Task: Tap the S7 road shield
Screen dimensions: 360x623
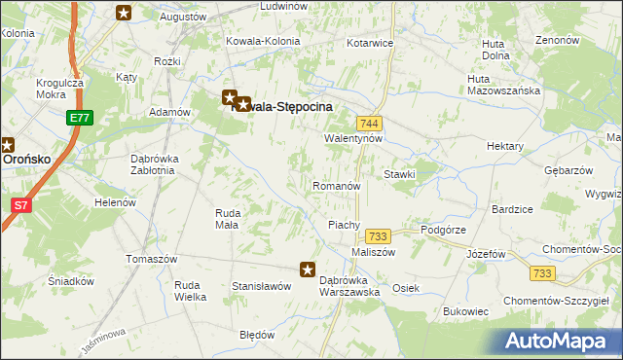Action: pyautogui.click(x=20, y=204)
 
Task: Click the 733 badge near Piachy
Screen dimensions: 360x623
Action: pyautogui.click(x=378, y=236)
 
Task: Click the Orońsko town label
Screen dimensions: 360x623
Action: pyautogui.click(x=21, y=157)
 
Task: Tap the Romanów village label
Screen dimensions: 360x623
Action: pyautogui.click(x=337, y=185)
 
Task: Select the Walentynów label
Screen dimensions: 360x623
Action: pyautogui.click(x=354, y=139)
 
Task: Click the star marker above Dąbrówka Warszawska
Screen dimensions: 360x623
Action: pyautogui.click(x=308, y=270)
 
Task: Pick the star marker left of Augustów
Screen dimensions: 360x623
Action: pyautogui.click(x=124, y=13)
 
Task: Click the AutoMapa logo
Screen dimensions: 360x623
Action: pyautogui.click(x=561, y=341)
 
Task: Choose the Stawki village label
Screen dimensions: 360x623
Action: pyautogui.click(x=400, y=175)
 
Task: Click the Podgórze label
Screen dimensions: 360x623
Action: pyautogui.click(x=445, y=230)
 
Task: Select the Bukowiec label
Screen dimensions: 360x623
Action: pyautogui.click(x=464, y=311)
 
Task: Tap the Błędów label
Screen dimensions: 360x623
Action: pyautogui.click(x=258, y=334)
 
